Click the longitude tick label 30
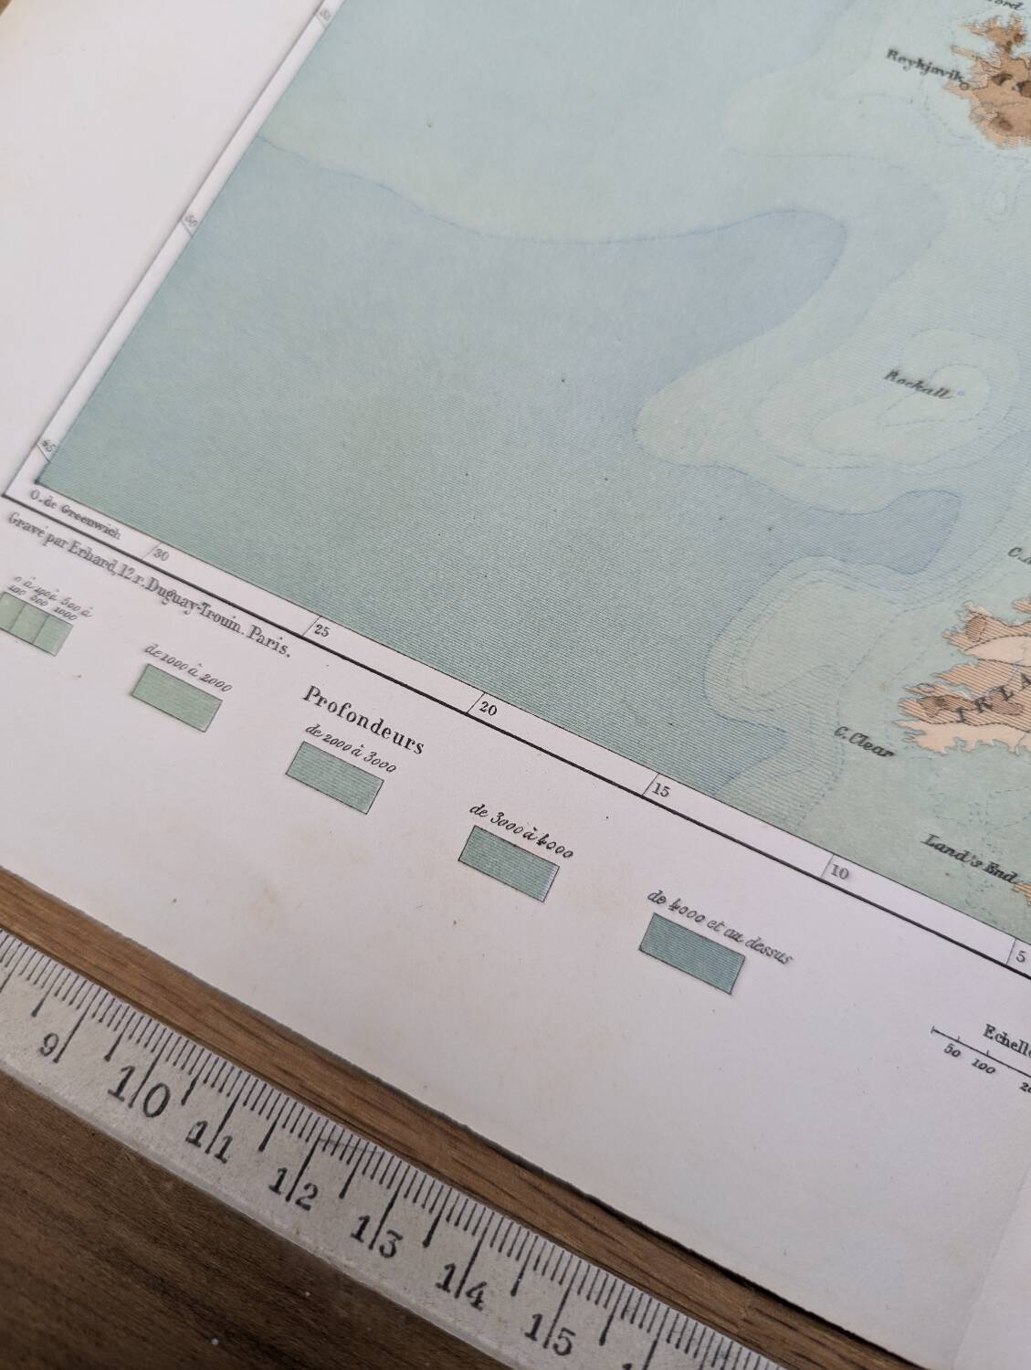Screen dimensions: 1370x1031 tap(162, 553)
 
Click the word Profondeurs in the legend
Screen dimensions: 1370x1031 tap(363, 719)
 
